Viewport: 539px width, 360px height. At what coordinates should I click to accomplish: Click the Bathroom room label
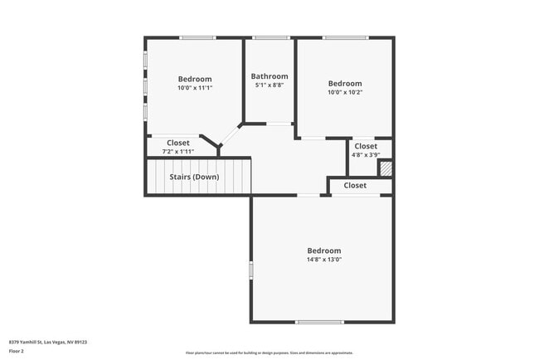coord(269,76)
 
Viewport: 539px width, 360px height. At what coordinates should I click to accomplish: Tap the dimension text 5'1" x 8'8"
coord(269,85)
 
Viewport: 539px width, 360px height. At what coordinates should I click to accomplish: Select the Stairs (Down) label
coord(194,177)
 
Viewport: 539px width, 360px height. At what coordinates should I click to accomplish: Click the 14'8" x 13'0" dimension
coord(323,260)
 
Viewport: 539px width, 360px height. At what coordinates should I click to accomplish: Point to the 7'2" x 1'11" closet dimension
coord(177,151)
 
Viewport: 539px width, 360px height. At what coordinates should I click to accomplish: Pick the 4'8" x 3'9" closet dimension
coord(365,154)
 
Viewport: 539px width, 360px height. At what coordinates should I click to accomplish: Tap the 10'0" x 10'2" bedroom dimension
coord(344,92)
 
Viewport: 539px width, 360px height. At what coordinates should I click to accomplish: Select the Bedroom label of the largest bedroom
coord(323,251)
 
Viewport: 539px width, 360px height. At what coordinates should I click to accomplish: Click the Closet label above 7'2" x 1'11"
coord(177,143)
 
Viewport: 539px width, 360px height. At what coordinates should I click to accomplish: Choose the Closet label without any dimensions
coord(355,186)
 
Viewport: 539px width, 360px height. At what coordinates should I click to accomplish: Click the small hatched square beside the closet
coord(386,168)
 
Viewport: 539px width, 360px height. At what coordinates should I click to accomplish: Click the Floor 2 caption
coord(17,351)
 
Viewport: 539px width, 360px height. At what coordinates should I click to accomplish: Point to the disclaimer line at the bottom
coord(269,353)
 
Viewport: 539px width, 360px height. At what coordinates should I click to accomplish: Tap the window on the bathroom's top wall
coord(271,37)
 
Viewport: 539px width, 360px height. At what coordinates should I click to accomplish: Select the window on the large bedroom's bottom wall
coord(319,322)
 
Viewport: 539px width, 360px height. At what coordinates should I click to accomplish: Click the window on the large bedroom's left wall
coord(250,270)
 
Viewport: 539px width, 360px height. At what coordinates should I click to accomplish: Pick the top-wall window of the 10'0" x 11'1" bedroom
coord(198,37)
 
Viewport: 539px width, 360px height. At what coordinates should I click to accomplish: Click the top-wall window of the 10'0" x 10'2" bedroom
coord(346,37)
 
